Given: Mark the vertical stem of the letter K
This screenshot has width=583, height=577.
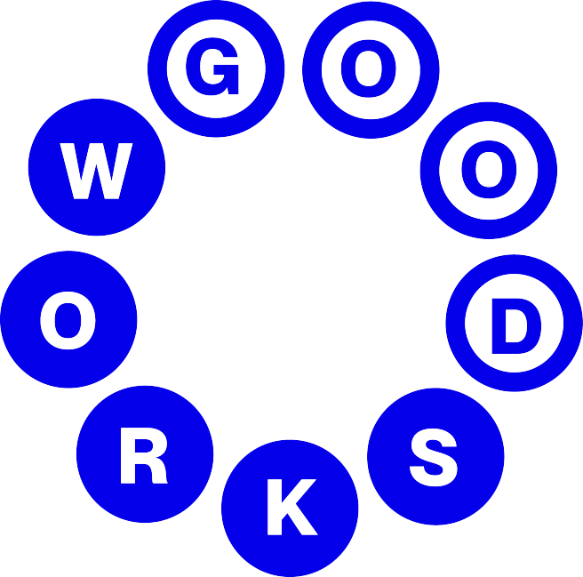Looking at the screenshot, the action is click(274, 508).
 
